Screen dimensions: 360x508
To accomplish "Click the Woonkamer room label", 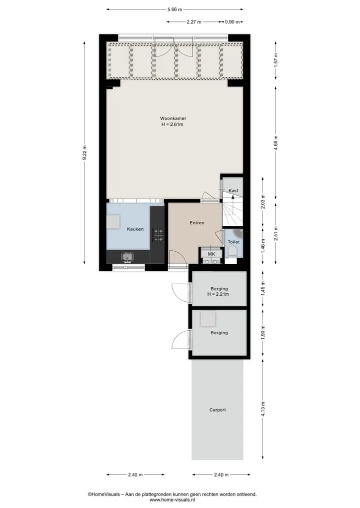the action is coord(173,118).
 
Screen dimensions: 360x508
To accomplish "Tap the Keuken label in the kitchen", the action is coord(135,229).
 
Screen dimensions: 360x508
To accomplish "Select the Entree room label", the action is coord(197,223).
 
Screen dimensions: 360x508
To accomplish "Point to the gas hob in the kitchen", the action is coord(158,235).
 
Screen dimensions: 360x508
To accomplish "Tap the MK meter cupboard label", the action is coord(211,254).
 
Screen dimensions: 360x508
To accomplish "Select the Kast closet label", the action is coord(233,190).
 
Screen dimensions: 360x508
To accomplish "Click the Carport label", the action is coord(217,410).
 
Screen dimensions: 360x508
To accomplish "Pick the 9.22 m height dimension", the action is coord(84,152).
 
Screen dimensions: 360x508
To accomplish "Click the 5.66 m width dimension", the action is coord(175,9).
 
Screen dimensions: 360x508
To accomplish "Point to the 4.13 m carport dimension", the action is coord(262,409).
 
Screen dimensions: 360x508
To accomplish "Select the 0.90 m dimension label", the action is coord(232,22).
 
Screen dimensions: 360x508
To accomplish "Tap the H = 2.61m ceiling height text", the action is coord(172,124).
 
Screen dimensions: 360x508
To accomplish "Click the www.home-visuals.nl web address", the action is coord(172,500).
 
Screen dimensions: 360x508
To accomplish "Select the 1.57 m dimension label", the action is coord(275,60).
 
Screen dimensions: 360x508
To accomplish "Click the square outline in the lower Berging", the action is coord(208,319).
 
